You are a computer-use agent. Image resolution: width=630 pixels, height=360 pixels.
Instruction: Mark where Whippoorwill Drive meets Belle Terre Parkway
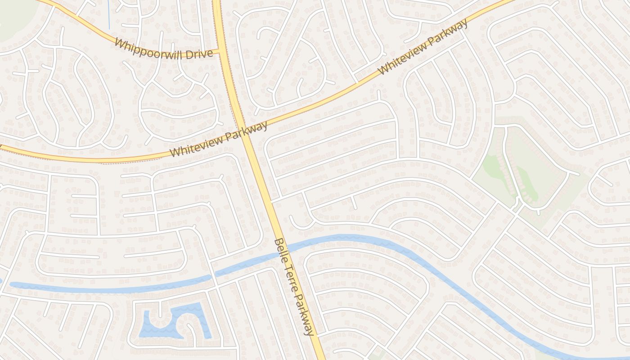(x=221, y=51)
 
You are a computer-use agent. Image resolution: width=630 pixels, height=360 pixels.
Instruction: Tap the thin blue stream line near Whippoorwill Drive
(x=109, y=13)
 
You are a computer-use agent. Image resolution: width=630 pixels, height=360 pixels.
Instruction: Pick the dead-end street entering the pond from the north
(x=160, y=309)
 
